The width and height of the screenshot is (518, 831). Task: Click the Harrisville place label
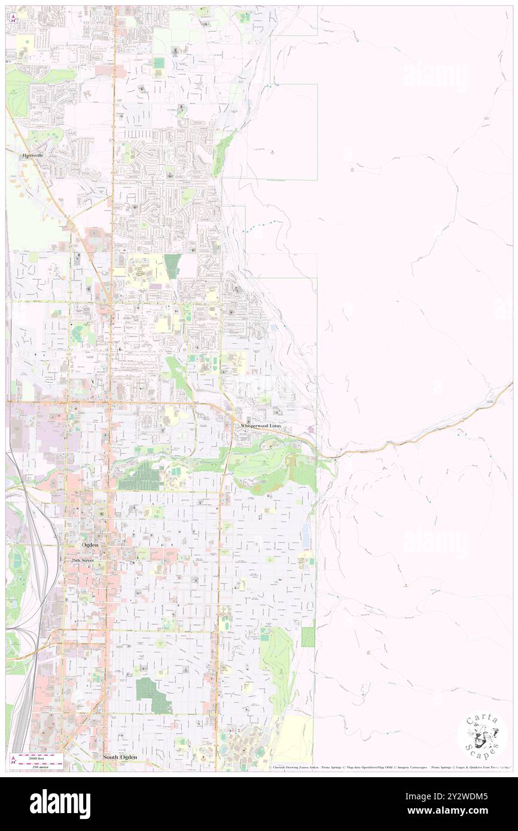(x=34, y=155)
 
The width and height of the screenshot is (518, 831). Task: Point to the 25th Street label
(x=83, y=560)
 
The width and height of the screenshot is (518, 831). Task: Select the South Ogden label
(x=120, y=757)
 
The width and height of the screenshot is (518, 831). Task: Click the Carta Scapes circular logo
(x=482, y=737)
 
